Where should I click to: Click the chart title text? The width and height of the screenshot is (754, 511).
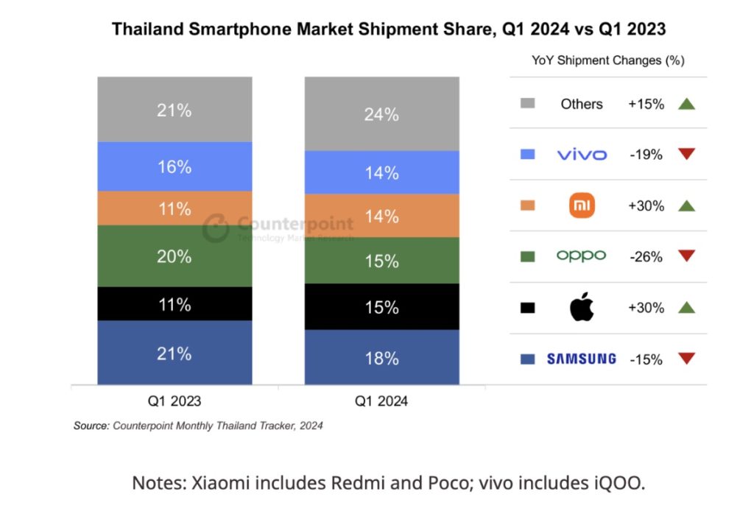tap(388, 29)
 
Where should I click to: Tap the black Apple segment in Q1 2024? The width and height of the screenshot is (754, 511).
tap(382, 306)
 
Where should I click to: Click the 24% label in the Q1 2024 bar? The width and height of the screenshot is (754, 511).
tap(382, 115)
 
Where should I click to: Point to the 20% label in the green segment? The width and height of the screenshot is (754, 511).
tap(175, 256)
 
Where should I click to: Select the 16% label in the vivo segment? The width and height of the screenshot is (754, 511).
tap(175, 167)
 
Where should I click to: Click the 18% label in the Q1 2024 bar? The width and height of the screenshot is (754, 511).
tap(382, 359)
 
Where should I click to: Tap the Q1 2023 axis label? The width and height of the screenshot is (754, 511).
tap(175, 402)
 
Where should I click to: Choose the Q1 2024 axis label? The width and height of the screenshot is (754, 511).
tap(382, 402)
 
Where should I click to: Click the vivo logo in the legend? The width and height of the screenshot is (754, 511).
tap(582, 155)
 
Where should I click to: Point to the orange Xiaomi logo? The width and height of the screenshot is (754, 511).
tap(582, 206)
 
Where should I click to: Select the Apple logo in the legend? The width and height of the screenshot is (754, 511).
tap(582, 308)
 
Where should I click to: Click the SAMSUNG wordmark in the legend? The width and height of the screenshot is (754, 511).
tap(582, 359)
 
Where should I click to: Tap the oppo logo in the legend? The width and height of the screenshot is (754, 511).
tap(582, 256)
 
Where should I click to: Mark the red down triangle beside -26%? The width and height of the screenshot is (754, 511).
tap(687, 257)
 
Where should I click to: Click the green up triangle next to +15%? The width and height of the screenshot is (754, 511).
tap(687, 104)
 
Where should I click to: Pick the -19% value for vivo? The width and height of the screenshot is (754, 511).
tap(646, 155)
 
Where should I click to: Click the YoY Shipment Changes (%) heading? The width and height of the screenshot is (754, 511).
tap(608, 61)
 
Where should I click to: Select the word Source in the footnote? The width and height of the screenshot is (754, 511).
tap(91, 426)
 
